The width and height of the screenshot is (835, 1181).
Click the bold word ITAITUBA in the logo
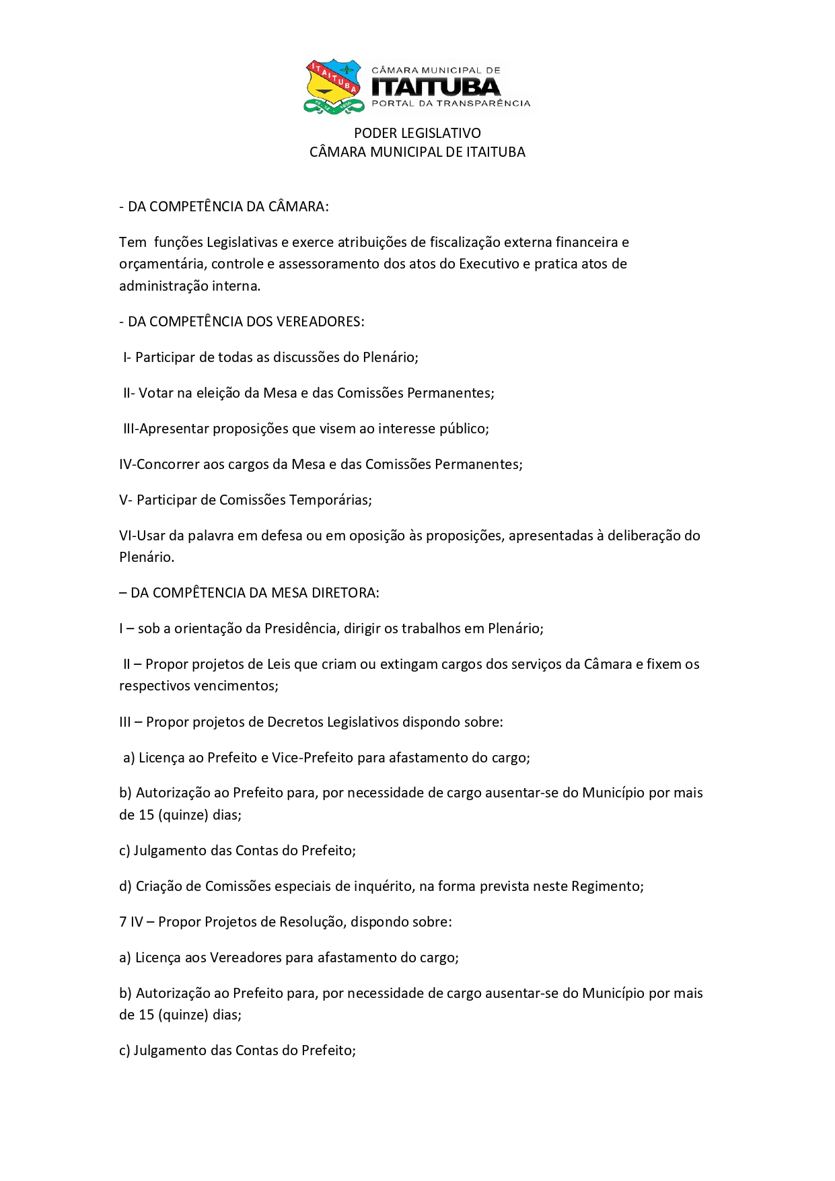point(436,87)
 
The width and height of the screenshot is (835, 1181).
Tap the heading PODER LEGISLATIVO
point(417,133)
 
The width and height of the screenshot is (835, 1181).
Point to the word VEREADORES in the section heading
point(324,322)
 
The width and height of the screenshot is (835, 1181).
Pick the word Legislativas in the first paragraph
point(242,242)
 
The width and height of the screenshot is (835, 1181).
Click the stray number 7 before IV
point(123,922)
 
